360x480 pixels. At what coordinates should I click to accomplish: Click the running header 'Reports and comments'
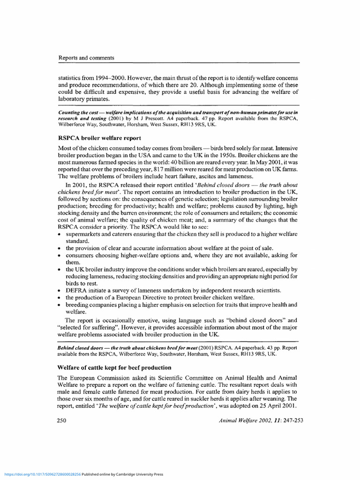[x=86, y=58]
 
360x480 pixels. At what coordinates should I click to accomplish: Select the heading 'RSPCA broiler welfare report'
[x=99, y=138]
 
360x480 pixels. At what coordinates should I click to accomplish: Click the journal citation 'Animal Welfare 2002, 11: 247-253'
[x=261, y=420]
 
